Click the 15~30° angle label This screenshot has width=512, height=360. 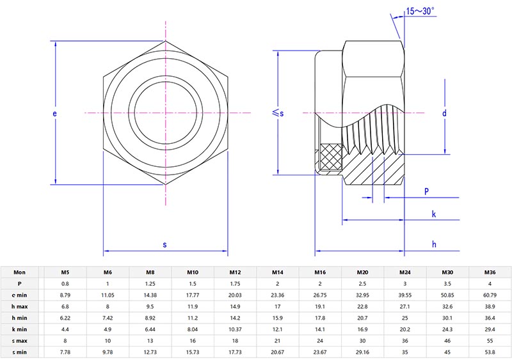[420, 11]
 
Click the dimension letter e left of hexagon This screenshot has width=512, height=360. [55, 113]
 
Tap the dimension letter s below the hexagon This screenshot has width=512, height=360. [164, 244]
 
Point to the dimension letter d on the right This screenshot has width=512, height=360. [444, 113]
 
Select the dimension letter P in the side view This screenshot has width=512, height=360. [426, 191]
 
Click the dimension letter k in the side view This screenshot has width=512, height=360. [433, 214]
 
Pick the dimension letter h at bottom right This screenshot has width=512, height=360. [433, 244]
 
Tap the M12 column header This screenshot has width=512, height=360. [235, 272]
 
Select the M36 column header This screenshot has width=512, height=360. [490, 272]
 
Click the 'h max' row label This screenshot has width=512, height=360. [19, 306]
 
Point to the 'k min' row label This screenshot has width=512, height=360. [19, 329]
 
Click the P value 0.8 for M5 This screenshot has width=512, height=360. [65, 283]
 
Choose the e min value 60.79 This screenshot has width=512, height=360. [490, 294]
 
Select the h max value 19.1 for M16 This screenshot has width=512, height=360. [320, 306]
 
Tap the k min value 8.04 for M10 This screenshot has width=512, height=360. [193, 329]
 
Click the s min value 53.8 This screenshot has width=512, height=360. [490, 352]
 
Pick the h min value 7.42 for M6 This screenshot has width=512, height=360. [108, 318]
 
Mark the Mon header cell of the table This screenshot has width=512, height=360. [19, 272]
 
